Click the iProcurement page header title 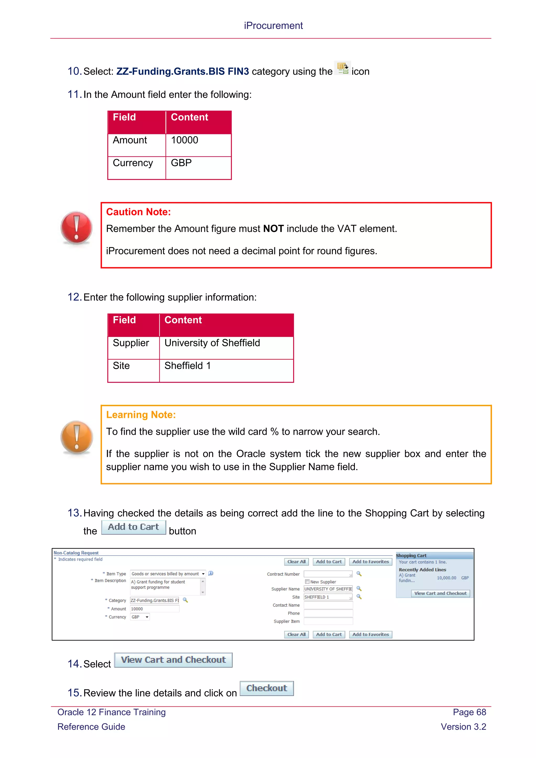click(x=273, y=25)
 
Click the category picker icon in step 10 click(x=342, y=68)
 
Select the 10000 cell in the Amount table click(x=185, y=140)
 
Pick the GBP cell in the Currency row click(x=181, y=163)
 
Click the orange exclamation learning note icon click(x=77, y=437)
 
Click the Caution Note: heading click(x=138, y=212)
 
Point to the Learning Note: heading click(x=141, y=415)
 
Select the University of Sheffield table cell click(x=212, y=343)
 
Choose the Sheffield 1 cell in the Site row click(x=187, y=366)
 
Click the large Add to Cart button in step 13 click(x=133, y=527)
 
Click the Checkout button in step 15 click(x=266, y=688)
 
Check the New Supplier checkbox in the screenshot click(x=307, y=582)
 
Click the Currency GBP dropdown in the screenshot click(x=140, y=617)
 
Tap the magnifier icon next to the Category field click(x=186, y=600)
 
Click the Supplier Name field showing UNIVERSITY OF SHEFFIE click(x=328, y=589)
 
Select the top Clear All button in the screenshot click(x=296, y=562)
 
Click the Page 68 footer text click(x=469, y=712)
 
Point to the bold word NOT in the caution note click(x=273, y=229)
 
